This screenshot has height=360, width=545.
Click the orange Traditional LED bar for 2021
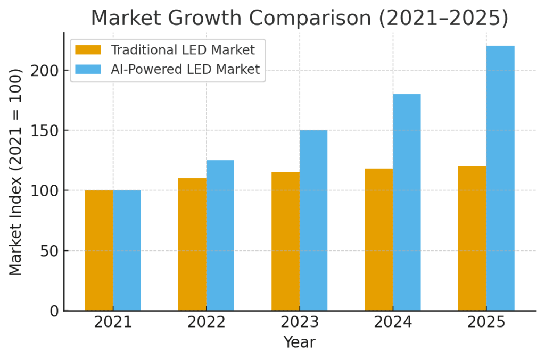click(99, 250)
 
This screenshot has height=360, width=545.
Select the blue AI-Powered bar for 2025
click(500, 178)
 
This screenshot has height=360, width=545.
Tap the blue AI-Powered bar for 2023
click(313, 220)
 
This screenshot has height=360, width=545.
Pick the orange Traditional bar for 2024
click(379, 239)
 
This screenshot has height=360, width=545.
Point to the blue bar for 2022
click(220, 235)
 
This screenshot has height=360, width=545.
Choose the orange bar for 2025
click(472, 238)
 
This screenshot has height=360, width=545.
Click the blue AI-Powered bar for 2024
click(407, 202)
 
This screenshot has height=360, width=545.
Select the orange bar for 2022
click(192, 244)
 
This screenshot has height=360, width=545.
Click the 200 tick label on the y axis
click(45, 70)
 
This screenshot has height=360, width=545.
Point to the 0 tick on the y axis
click(54, 311)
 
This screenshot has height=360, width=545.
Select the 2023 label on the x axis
click(299, 322)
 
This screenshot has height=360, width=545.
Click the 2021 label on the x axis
click(113, 322)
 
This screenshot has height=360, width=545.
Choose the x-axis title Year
click(299, 342)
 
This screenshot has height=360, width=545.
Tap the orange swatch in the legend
click(88, 50)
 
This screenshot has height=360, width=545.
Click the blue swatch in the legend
click(88, 69)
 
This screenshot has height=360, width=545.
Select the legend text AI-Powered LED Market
click(185, 69)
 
